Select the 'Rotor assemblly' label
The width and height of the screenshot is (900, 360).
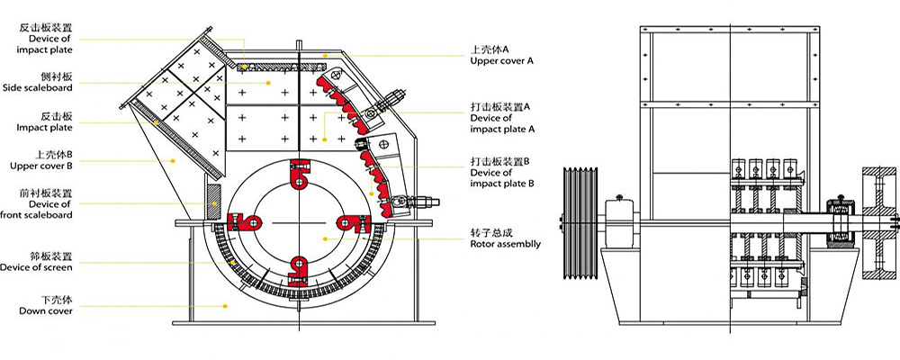click(505, 242)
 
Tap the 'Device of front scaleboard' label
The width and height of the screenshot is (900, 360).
click(38, 210)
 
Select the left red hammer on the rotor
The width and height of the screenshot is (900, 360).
click(244, 221)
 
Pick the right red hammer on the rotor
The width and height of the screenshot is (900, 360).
click(346, 222)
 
